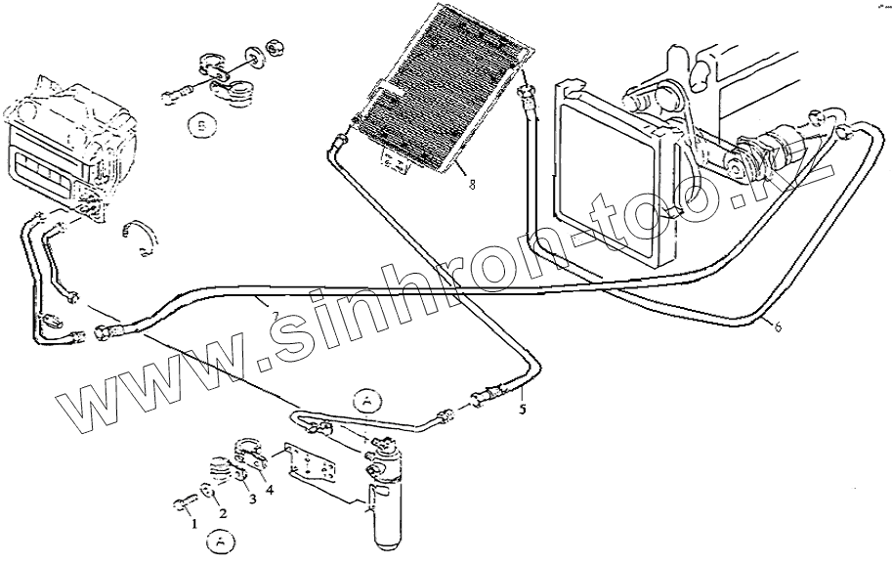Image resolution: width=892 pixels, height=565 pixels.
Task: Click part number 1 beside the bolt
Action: (193, 523)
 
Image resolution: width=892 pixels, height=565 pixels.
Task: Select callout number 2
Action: (222, 513)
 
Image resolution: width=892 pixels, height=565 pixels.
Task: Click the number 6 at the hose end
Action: (778, 326)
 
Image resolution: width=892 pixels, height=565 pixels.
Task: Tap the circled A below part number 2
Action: (222, 541)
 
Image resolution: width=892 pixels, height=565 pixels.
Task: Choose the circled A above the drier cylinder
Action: (365, 400)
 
